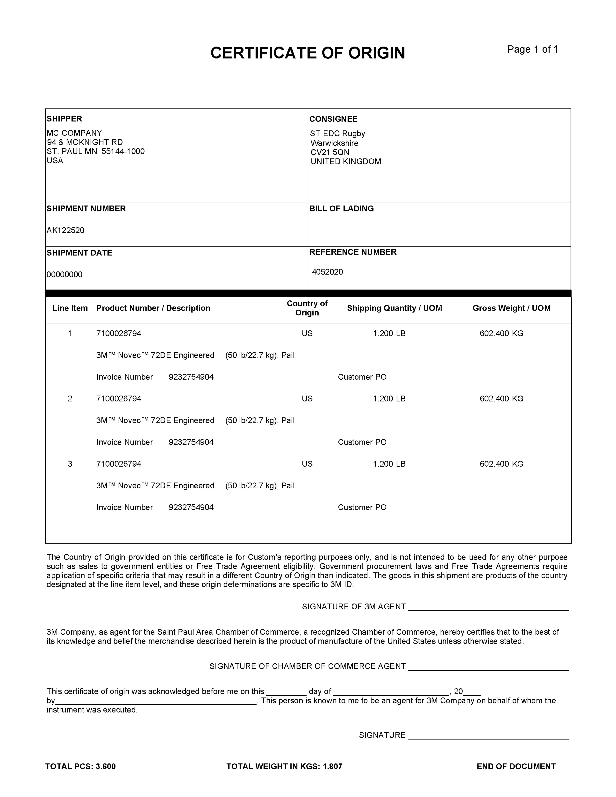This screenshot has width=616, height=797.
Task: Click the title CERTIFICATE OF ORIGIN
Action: (x=308, y=53)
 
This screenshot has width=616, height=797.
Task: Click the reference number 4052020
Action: (x=327, y=272)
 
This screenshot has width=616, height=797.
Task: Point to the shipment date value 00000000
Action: (x=65, y=274)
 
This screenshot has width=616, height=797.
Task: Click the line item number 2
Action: (x=70, y=398)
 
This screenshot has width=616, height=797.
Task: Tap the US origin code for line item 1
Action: (x=307, y=333)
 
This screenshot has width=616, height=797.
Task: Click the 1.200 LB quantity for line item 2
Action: (x=389, y=398)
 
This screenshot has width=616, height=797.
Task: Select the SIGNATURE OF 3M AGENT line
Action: (x=488, y=607)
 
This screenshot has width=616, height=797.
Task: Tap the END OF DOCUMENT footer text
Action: (x=516, y=766)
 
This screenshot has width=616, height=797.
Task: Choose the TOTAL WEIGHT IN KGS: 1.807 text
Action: (x=284, y=766)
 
